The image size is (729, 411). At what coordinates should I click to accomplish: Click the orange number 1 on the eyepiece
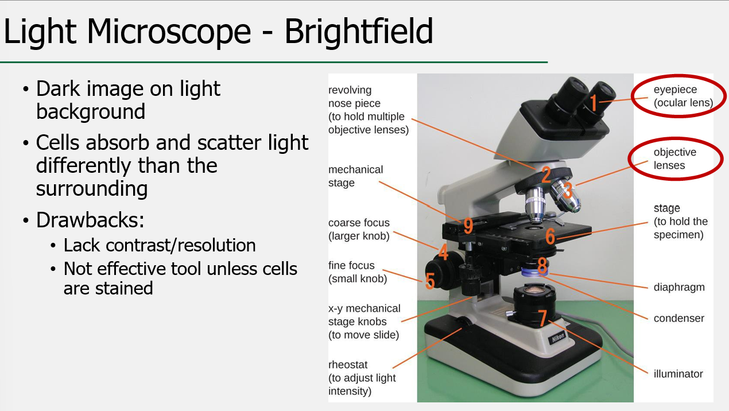point(594,103)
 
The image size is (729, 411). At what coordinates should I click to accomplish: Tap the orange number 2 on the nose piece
point(546,175)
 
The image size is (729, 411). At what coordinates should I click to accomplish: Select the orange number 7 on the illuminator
point(542,316)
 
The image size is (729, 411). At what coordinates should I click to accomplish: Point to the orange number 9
point(468,226)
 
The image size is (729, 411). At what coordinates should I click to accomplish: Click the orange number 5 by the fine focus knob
point(430,280)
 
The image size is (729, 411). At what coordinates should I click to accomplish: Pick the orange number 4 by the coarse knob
point(443,251)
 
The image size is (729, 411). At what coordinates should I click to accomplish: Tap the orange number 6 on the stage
point(550,236)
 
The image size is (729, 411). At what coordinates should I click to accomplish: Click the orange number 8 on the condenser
point(542,265)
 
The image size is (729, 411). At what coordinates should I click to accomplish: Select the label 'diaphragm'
point(679,287)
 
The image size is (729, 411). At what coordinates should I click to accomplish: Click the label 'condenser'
point(678,318)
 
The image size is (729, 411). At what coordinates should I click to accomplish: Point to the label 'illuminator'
point(678,374)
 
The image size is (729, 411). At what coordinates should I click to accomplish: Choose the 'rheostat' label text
point(348,365)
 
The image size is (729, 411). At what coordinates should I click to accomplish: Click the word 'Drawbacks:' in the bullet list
point(90,219)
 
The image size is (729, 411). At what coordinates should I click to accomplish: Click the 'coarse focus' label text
point(359,223)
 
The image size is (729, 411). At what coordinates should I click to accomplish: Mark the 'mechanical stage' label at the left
point(355,176)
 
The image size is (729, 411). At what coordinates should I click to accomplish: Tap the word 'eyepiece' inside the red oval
point(675,90)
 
